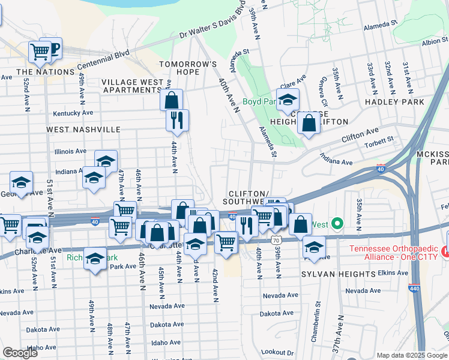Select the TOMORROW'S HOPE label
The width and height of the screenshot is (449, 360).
pos(187,64)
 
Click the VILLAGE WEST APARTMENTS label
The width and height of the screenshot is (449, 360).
pos(131,86)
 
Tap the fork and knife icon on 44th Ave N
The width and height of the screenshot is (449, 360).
pos(178,120)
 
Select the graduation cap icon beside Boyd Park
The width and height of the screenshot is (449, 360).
pos(288,99)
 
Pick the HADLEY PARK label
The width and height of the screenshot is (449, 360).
pos(396,102)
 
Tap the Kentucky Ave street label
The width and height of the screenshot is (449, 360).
pos(73,113)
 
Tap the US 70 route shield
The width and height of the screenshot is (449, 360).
pos(276,240)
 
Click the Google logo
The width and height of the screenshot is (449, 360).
pos(20,353)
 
